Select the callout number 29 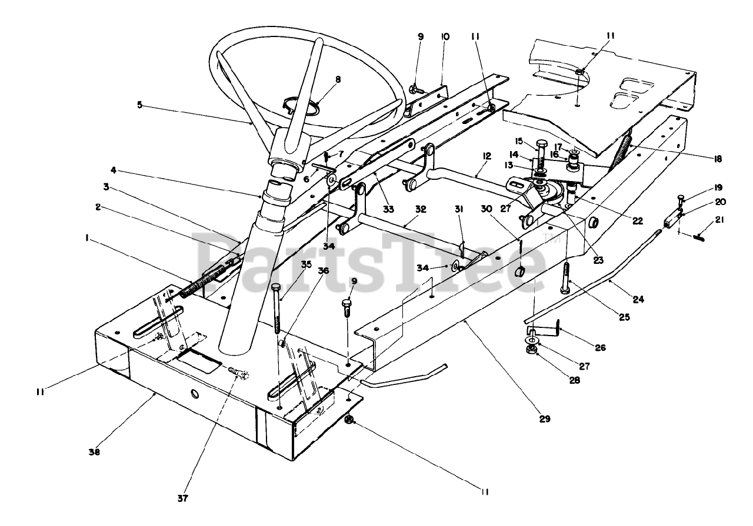tap(545, 419)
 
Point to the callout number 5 tap(139, 106)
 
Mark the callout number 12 tap(486, 156)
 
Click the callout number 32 tap(419, 208)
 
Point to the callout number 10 tap(445, 36)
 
